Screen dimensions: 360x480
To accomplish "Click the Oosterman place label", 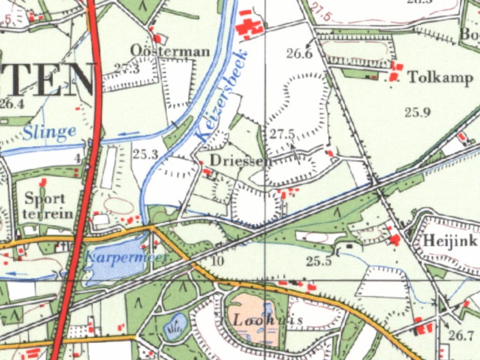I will coord(170,51).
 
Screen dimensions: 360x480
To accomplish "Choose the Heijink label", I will coord(450,241).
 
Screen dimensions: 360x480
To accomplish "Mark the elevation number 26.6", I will coord(299,54).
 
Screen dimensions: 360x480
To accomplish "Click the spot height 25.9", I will coord(418,112).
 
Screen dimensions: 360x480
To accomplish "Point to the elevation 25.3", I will coord(145,155).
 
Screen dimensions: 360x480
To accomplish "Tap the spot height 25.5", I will coord(319,261).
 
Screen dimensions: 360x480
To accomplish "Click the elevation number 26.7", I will coord(461,335).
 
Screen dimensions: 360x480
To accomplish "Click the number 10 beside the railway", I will coord(217,260).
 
